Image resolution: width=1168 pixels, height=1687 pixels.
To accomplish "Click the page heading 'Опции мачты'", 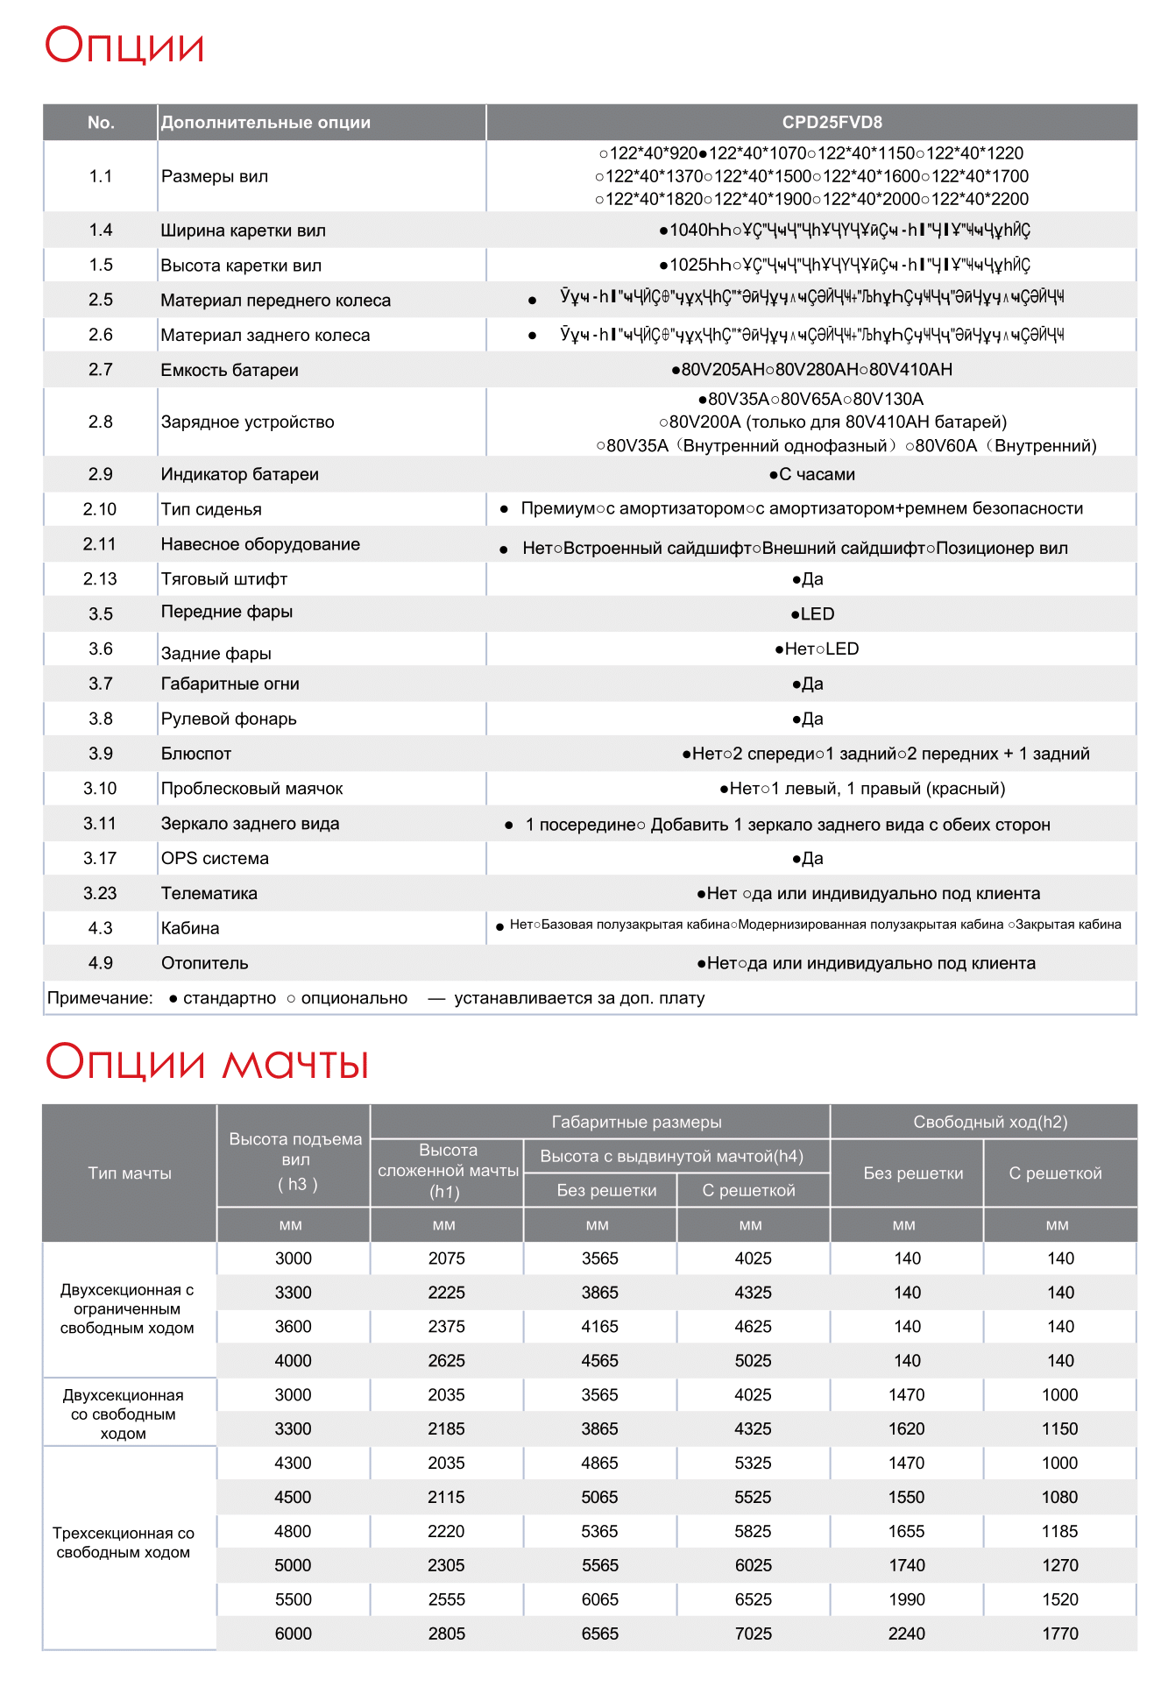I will pos(207,1062).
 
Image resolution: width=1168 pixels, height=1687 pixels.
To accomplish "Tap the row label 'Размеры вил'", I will pos(215,176).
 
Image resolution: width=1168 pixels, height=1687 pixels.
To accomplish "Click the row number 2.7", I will pos(101,370).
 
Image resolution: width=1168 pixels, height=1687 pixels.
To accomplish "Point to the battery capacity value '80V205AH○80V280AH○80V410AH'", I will pos(811,370).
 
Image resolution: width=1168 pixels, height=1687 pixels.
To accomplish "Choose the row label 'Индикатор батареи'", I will pos(239,474).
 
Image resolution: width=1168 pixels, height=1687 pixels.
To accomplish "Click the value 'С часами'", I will pos(812,474).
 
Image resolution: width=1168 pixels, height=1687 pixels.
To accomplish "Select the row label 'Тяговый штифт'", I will pos(224,579).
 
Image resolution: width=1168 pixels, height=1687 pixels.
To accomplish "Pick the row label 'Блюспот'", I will pos(196,754).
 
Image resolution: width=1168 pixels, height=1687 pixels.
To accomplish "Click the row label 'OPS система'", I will pos(215,859).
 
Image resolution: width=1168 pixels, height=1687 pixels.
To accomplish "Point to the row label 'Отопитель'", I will pos(204,963).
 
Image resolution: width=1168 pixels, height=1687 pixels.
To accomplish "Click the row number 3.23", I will pos(100,894).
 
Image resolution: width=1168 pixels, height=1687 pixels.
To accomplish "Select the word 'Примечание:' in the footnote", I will pos(100,998).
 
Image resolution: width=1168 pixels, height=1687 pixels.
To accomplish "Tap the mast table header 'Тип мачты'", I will pos(130,1173).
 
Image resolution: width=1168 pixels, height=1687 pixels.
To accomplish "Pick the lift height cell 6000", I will pos(294,1634).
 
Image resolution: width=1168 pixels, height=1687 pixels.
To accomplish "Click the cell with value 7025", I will pos(754,1634).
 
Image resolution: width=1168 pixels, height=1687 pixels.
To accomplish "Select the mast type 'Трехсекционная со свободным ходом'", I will pos(124,1542).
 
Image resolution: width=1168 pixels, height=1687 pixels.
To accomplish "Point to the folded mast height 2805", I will pos(447,1634).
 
